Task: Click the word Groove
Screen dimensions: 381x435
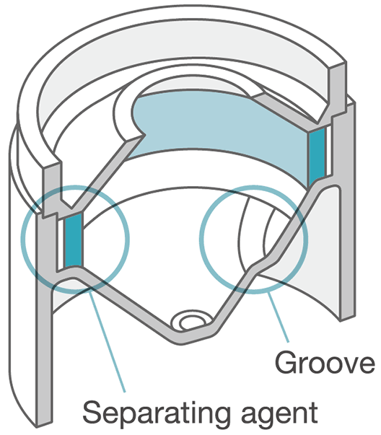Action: [325, 363]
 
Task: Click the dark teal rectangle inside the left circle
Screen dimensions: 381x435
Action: [73, 241]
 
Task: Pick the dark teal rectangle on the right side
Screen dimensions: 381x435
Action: [317, 157]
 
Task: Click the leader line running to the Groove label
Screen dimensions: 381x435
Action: [278, 317]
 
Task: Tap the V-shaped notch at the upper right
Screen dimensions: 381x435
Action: [322, 116]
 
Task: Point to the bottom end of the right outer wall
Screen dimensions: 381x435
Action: [348, 317]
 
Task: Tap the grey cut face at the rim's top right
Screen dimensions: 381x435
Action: [338, 89]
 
